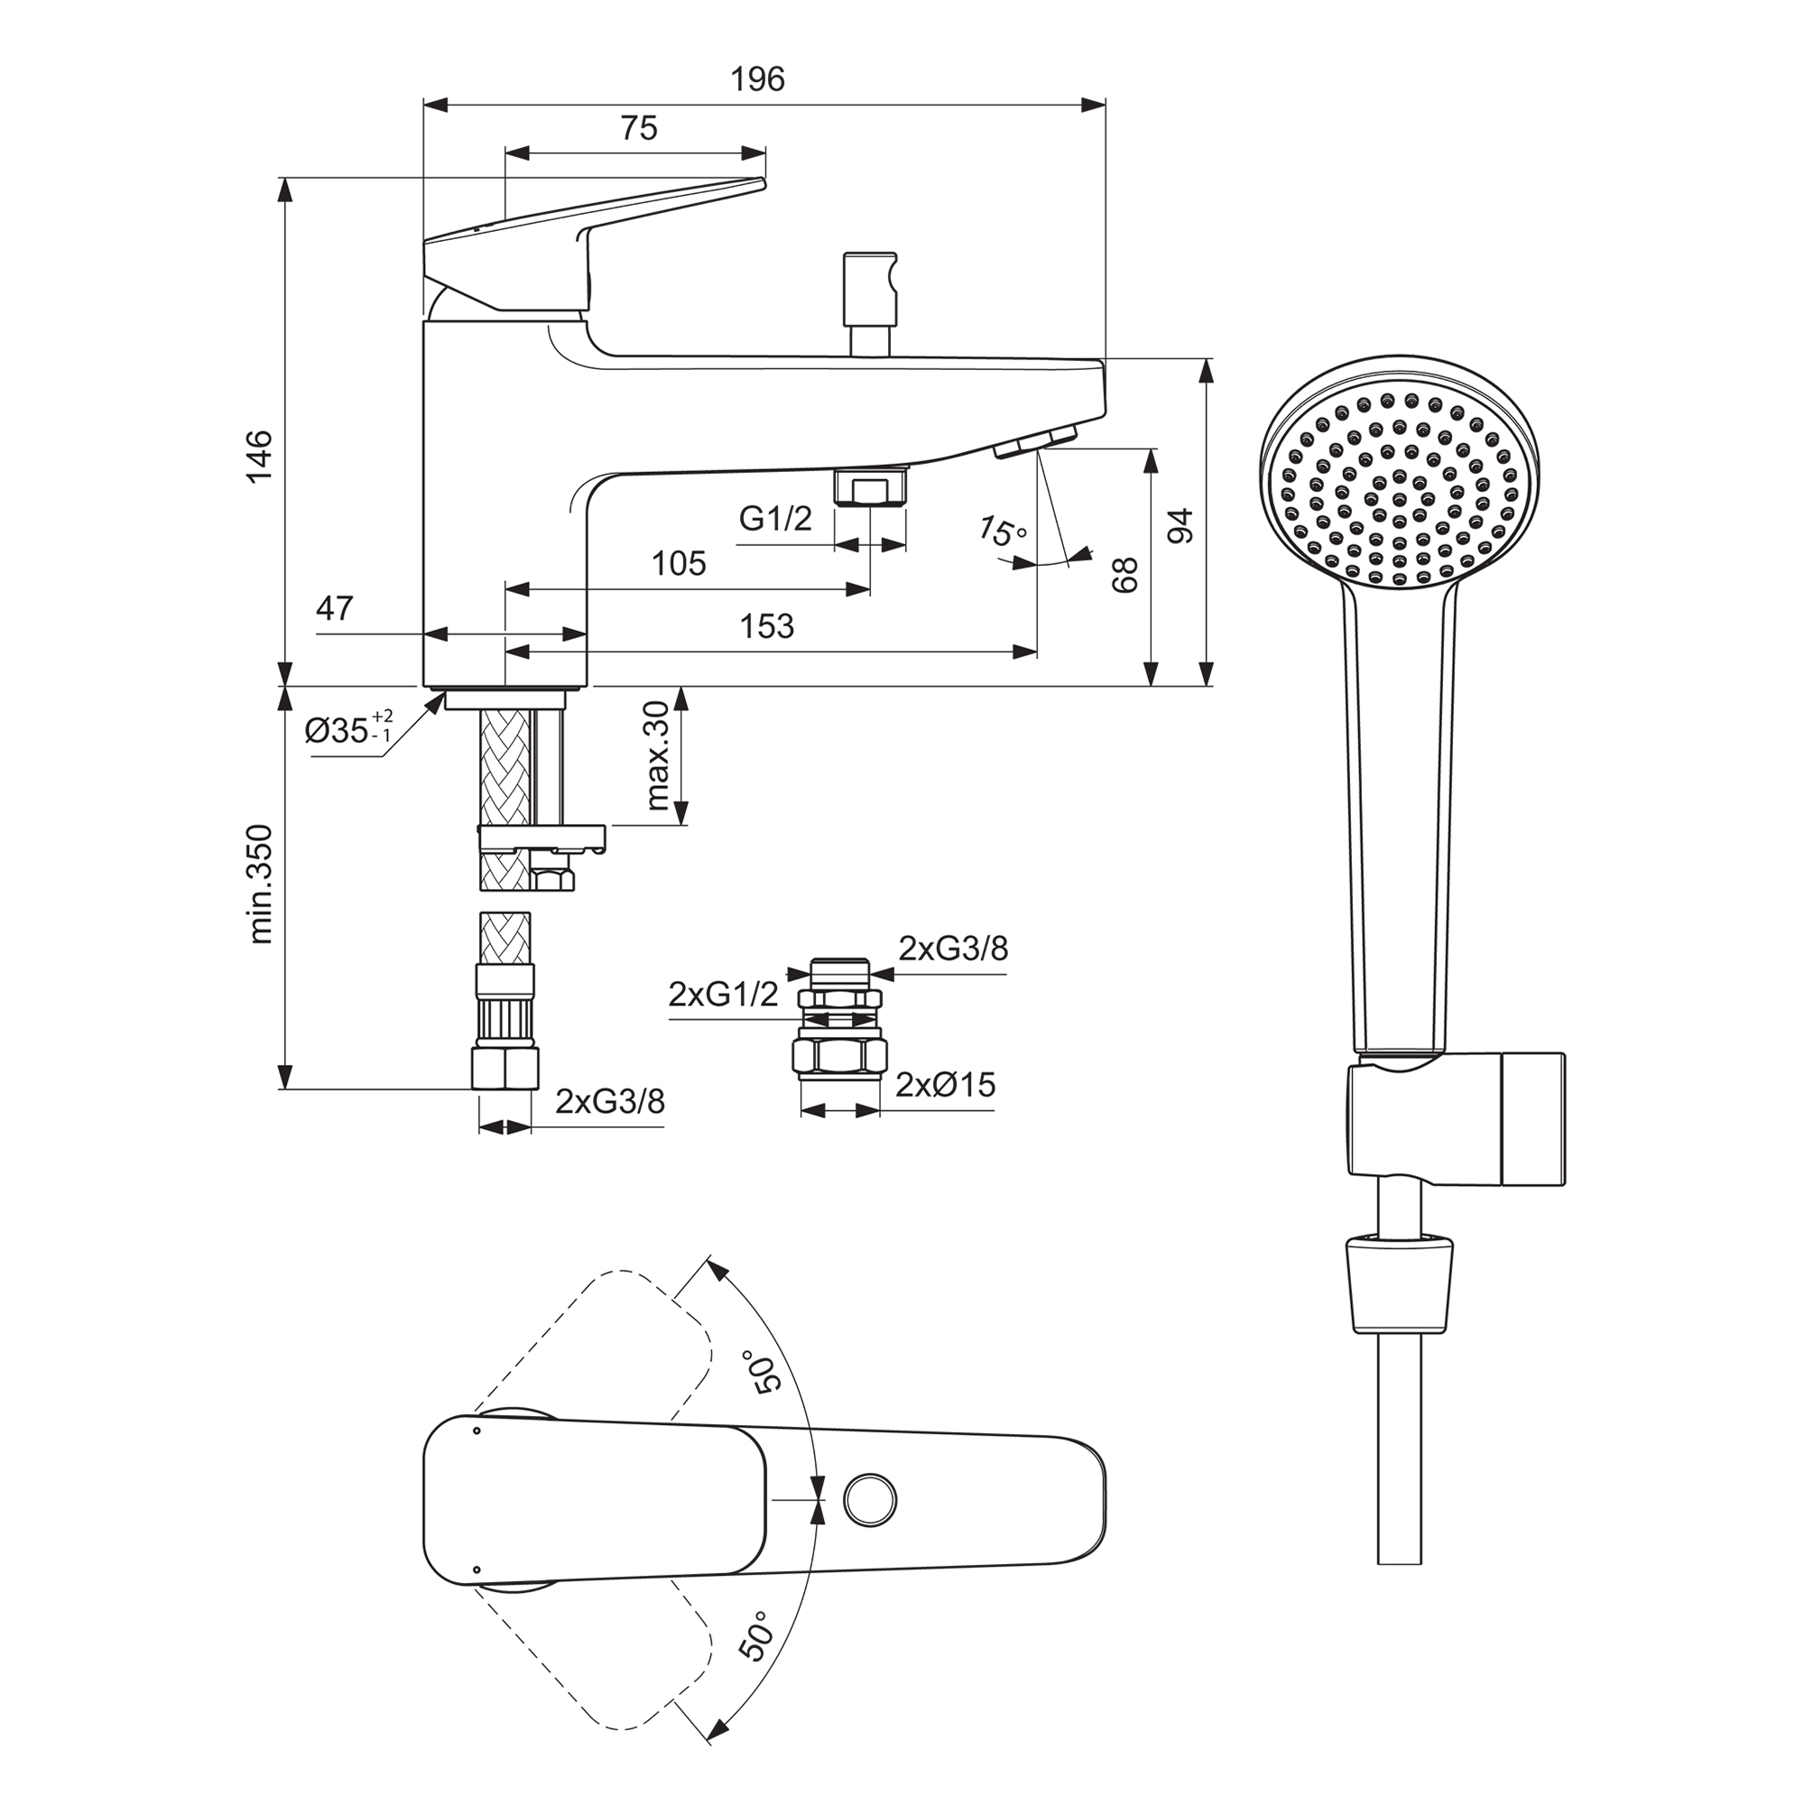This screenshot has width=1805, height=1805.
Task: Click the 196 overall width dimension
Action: pos(757,80)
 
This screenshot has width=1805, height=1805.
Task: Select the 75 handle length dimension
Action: pos(639,128)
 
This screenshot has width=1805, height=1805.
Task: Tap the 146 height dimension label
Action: pos(259,456)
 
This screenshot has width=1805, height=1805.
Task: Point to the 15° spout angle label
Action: pos(1002,532)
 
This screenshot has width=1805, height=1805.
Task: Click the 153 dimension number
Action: pos(766,627)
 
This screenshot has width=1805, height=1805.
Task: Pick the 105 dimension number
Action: pos(679,564)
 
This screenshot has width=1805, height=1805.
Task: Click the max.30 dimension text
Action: pos(658,754)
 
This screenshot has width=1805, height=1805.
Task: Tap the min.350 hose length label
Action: pos(262,884)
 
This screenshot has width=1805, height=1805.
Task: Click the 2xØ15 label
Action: pos(946,1086)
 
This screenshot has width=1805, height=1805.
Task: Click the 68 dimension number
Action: pos(1125,575)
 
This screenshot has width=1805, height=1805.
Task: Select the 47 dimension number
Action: pos(335,609)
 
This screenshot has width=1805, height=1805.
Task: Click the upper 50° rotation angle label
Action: pos(761,1372)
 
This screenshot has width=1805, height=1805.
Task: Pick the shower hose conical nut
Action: pos(1400,1282)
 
